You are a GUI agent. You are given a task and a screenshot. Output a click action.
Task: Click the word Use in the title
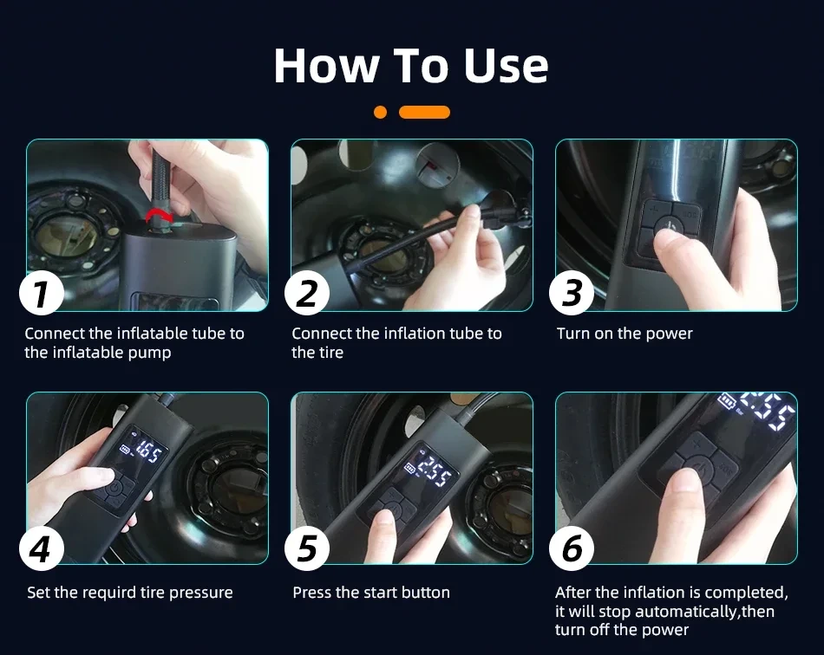pos(506,66)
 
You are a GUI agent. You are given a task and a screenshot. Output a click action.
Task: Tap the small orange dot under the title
pos(380,113)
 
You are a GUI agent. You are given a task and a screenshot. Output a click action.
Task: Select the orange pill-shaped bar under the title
pos(424,113)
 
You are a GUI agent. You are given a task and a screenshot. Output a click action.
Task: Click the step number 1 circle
pos(42,294)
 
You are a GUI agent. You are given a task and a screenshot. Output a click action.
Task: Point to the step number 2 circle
pos(307,294)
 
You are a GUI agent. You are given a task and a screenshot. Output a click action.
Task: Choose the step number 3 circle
pos(572,294)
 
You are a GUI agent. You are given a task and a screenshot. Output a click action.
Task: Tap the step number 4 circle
pos(42,548)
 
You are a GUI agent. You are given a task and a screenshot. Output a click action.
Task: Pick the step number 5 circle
pos(307,548)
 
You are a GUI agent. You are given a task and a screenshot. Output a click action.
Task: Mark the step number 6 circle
pos(572,548)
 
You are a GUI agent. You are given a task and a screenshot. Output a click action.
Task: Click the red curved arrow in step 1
pos(160,215)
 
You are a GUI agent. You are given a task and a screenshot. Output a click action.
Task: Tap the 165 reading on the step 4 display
pos(148,452)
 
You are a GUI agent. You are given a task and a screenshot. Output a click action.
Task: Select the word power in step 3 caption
pos(670,334)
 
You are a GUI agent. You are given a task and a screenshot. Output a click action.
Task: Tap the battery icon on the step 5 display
pos(410,468)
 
